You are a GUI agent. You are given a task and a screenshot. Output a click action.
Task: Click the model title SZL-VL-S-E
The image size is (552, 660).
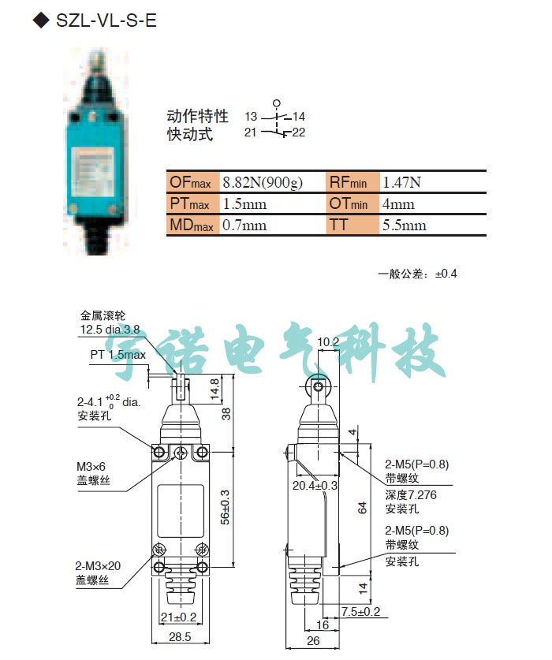[106, 21]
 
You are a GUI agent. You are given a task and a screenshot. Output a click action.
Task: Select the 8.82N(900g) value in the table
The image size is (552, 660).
[263, 182]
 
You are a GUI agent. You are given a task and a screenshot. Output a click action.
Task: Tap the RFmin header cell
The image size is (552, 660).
[352, 182]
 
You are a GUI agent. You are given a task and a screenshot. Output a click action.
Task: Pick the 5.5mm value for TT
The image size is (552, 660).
[405, 226]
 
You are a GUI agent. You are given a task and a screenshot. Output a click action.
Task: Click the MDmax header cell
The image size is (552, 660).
[193, 226]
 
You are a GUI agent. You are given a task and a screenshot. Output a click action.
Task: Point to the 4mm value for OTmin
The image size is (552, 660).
[398, 204]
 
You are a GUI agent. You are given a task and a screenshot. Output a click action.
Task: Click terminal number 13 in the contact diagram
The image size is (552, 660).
[251, 116]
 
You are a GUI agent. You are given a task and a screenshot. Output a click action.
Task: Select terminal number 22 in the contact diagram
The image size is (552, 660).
[299, 132]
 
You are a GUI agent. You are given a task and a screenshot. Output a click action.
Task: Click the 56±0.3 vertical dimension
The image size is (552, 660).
[226, 507]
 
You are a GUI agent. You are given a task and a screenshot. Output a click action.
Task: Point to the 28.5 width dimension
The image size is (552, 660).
[180, 637]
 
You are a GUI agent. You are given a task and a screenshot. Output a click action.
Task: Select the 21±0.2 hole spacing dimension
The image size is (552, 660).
[179, 617]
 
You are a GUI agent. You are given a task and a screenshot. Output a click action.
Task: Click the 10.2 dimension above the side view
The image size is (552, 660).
[328, 342]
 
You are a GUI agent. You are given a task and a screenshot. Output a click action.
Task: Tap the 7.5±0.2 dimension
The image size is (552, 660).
[361, 611]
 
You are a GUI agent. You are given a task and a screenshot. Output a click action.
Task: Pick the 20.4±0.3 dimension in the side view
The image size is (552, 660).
[315, 485]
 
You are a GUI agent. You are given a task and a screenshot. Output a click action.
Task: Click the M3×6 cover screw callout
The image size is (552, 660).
[91, 467]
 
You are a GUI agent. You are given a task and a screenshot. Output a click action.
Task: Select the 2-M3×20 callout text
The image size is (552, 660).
[98, 565]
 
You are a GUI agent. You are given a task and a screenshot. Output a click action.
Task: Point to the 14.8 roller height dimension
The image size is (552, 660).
[214, 389]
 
